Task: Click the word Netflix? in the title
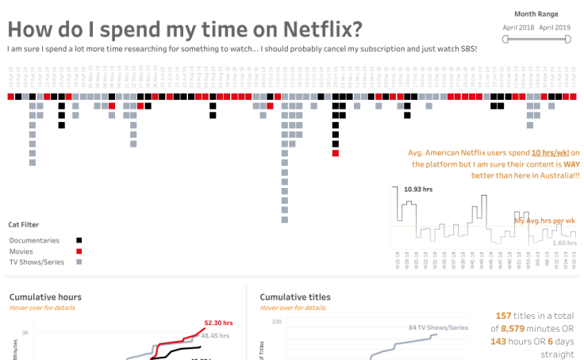[x=312, y=29]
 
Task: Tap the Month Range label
[x=536, y=13]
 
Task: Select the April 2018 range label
[x=518, y=28]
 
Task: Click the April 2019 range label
[x=555, y=28]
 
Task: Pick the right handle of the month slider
[x=569, y=40]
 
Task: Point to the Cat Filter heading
[x=24, y=224]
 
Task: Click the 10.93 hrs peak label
[x=418, y=190]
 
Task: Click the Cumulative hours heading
[x=45, y=297]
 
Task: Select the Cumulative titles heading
[x=295, y=297]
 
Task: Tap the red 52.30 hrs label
[x=217, y=323]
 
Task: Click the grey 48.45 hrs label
[x=214, y=335]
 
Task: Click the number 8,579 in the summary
[x=516, y=327]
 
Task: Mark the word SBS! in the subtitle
[x=466, y=49]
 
